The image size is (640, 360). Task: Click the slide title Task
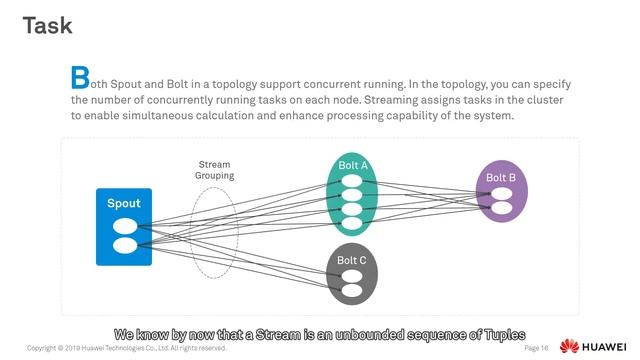click(x=48, y=25)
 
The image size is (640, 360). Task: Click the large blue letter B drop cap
click(x=79, y=77)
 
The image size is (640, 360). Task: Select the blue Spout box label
click(x=124, y=204)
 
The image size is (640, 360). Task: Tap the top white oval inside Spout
click(x=124, y=226)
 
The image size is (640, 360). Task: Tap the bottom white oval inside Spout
click(x=124, y=245)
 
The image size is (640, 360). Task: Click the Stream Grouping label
click(x=214, y=170)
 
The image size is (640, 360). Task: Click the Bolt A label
click(x=353, y=165)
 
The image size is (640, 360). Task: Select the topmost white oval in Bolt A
click(x=352, y=181)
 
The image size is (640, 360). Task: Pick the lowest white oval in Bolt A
click(x=352, y=223)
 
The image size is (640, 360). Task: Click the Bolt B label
click(x=501, y=178)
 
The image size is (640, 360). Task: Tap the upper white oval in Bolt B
click(x=501, y=195)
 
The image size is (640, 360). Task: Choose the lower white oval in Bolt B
click(x=501, y=209)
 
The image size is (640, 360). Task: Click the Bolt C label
click(x=351, y=261)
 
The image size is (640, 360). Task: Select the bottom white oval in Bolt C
click(x=351, y=290)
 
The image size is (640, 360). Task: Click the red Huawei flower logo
click(x=569, y=347)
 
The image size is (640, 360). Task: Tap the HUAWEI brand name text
click(x=606, y=347)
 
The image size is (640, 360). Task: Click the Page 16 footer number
click(x=536, y=349)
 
